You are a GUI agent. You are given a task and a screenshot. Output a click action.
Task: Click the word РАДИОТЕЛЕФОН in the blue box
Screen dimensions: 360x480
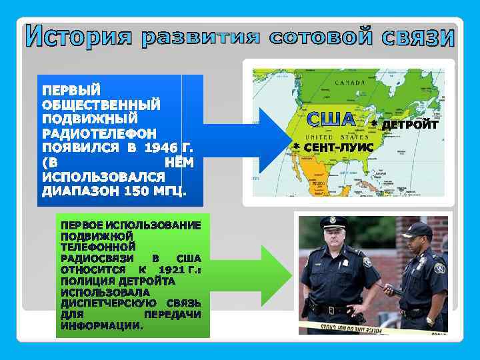(x=99, y=133)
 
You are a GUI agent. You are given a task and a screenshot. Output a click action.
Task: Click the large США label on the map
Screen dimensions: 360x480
(x=331, y=119)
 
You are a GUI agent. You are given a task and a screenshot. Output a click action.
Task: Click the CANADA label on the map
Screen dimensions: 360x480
(x=348, y=83)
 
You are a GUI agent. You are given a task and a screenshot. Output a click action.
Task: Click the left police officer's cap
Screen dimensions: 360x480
(x=333, y=221)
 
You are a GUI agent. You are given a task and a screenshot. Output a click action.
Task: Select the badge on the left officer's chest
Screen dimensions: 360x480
(x=367, y=262)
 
